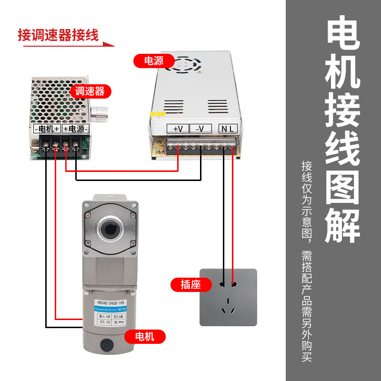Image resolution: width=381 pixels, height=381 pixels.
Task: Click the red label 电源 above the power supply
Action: point(154,61)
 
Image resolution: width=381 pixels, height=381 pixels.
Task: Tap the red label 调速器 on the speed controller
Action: point(90,91)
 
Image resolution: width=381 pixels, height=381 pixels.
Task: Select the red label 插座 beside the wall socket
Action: point(190,285)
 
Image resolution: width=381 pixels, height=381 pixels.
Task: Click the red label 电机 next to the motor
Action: point(145,337)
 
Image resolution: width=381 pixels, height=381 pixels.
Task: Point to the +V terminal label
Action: point(178,129)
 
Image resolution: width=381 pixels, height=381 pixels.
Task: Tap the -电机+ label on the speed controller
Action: point(47,129)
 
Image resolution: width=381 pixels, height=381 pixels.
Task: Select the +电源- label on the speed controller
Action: point(75,129)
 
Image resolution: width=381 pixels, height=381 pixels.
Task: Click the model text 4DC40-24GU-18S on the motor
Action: point(111,301)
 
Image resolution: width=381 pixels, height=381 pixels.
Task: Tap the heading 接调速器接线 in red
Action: point(58,35)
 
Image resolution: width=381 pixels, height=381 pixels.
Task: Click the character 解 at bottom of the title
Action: point(342,223)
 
